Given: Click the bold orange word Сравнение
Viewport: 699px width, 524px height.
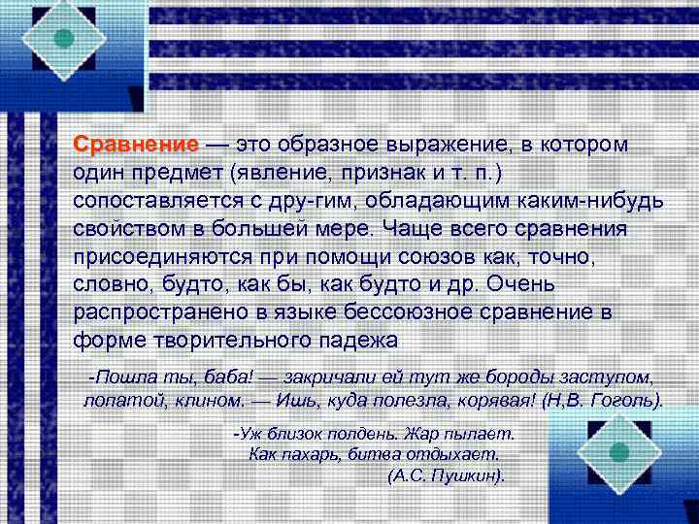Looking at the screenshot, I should click(x=135, y=145).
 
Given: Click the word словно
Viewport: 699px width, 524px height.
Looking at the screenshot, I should click(x=104, y=286).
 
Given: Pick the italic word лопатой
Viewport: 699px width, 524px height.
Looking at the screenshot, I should click(x=113, y=401).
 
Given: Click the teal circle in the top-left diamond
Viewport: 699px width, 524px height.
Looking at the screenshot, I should click(x=64, y=39).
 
